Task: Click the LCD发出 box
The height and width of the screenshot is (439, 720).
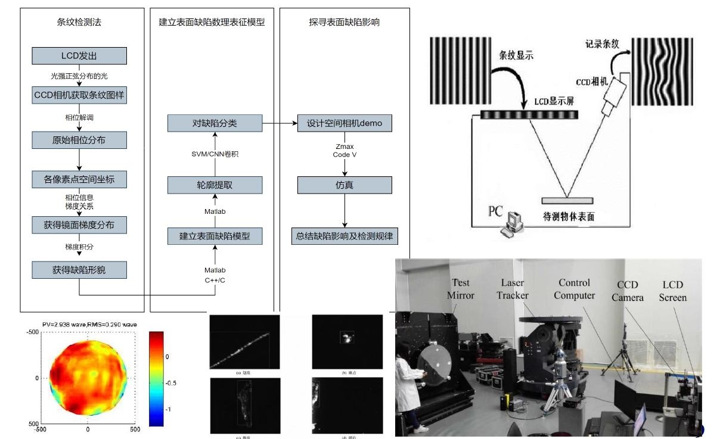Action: [x=79, y=56]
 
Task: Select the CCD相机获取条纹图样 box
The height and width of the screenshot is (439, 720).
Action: [x=79, y=95]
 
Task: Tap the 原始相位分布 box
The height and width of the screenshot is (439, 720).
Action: [x=79, y=141]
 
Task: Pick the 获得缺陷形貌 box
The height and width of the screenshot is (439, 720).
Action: [x=79, y=269]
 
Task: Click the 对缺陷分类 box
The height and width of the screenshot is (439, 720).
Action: [x=215, y=124]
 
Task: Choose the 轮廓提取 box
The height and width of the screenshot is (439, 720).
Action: [x=215, y=185]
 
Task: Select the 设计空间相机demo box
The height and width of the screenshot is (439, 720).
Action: [x=345, y=124]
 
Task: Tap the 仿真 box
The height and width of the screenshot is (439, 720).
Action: [x=345, y=185]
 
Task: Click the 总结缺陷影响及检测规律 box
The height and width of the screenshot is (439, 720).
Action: [x=345, y=236]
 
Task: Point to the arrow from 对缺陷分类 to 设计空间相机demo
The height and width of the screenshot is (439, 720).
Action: [x=280, y=124]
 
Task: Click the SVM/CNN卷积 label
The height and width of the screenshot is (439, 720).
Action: [x=215, y=154]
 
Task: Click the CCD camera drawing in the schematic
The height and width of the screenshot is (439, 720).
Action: [x=614, y=95]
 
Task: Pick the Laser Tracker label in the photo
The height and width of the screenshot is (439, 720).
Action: [x=513, y=289]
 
